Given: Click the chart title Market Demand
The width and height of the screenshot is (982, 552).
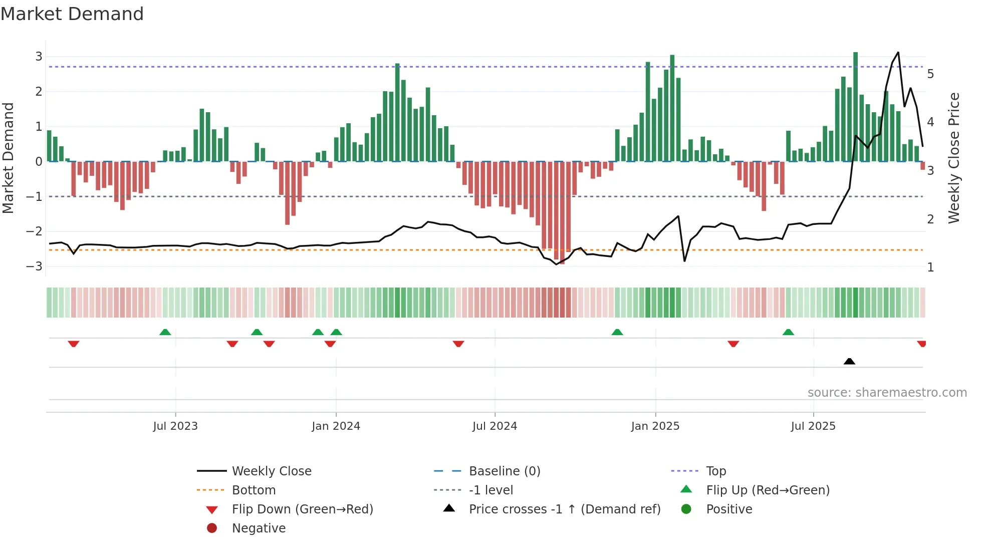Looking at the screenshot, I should (x=72, y=14).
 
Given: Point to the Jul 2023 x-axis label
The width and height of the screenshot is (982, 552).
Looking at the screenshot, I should (x=175, y=426).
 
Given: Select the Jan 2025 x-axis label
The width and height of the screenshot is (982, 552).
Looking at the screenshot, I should (x=655, y=426).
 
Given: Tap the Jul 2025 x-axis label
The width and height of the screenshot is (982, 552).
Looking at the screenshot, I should (x=813, y=426).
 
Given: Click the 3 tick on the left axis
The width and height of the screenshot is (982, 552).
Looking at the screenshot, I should (x=39, y=57).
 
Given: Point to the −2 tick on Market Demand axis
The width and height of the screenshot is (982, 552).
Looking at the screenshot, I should (x=35, y=231).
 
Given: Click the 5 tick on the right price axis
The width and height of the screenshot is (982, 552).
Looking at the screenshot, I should (x=930, y=74).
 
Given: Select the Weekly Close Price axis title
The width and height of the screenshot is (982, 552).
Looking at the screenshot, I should (x=954, y=158).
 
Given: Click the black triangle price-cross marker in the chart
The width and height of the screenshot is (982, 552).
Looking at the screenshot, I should (x=849, y=361).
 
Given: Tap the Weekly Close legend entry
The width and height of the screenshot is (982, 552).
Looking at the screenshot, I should (x=271, y=471).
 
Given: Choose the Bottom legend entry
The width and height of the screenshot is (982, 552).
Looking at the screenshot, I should (x=254, y=490).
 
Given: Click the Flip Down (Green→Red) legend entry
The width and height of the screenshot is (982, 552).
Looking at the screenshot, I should (x=302, y=509).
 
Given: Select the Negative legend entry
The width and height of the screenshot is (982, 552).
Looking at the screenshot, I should (x=259, y=528).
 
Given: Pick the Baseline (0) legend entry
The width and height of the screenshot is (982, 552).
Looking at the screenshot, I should (x=504, y=471).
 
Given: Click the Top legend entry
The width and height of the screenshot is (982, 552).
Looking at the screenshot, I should (x=716, y=471).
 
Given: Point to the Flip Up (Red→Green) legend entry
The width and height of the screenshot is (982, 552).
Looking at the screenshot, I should (x=768, y=490).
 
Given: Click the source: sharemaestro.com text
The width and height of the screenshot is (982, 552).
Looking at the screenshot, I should (x=887, y=392).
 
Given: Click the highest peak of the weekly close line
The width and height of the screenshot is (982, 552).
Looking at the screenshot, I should (x=898, y=53).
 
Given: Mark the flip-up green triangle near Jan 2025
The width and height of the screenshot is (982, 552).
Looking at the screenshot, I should (x=617, y=332).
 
